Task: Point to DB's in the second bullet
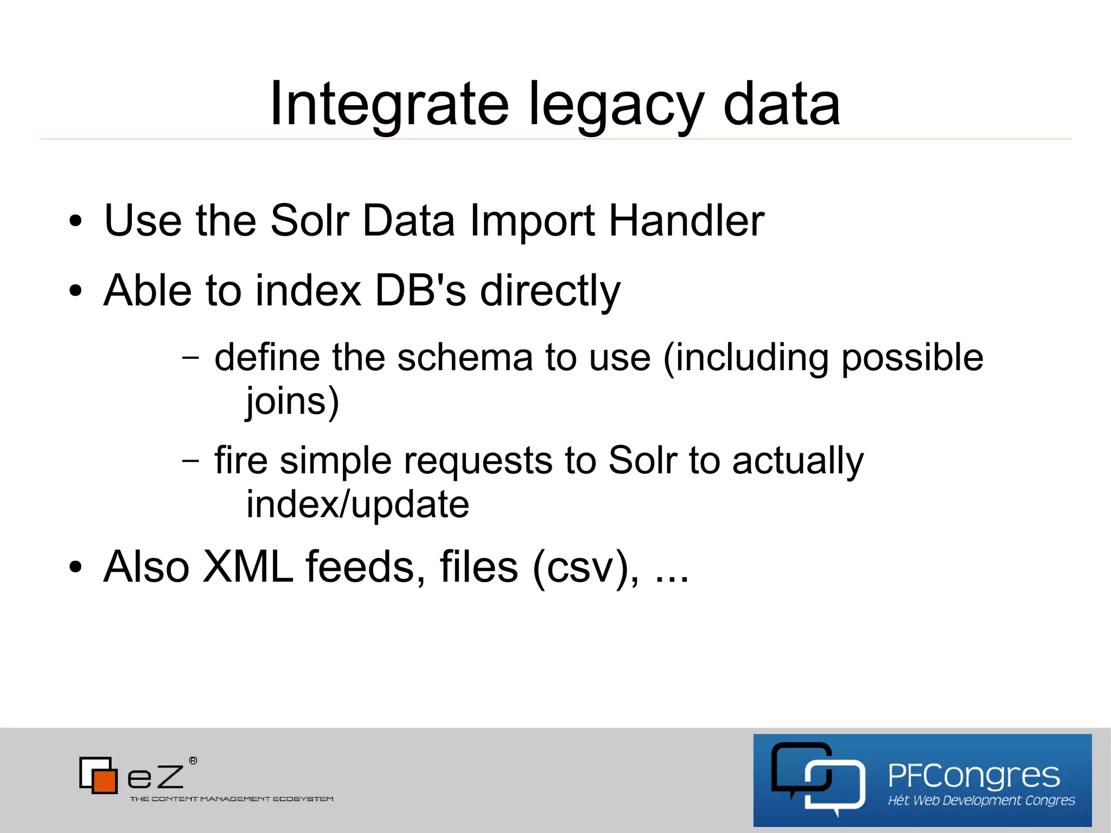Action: pos(420,290)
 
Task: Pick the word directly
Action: pos(550,290)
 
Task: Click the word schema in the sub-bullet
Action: pos(465,358)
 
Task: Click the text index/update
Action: pos(357,505)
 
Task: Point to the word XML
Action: pos(247,567)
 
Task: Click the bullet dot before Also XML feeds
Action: pos(75,568)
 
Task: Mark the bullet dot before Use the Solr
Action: pos(75,221)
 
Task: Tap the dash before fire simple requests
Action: pos(190,461)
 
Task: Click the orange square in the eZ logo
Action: pos(105,780)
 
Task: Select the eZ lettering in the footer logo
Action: pos(156,777)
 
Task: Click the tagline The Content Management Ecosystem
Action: pos(232,799)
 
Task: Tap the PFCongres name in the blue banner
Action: pos(974,775)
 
